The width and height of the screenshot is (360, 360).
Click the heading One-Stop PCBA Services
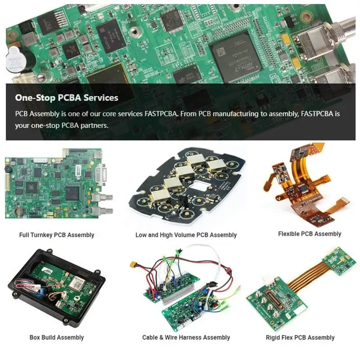[67, 98]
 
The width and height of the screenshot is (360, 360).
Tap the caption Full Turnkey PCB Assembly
[57, 235]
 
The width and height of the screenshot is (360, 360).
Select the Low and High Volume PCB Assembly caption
[186, 235]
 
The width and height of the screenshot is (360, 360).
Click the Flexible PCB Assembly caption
[310, 234]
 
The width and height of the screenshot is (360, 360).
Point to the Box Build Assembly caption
[57, 337]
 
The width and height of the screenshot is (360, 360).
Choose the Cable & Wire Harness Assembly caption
[186, 337]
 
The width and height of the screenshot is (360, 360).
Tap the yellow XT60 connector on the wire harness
[134, 268]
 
